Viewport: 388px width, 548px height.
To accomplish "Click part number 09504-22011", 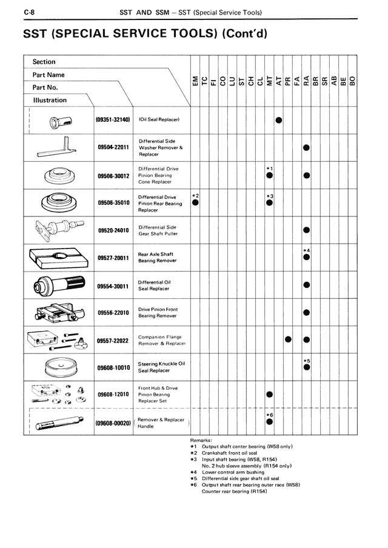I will pos(113,147).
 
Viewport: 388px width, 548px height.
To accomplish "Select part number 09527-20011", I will pos(113,258).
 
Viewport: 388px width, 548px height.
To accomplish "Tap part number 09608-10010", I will pos(113,367).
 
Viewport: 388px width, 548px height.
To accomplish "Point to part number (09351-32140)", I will pos(113,119).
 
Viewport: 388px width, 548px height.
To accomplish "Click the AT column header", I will pos(278,79).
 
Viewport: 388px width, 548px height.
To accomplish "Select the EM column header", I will pos(195,79).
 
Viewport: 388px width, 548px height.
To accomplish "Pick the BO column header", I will pos(352,79).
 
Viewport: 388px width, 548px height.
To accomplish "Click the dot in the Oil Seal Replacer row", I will pos(279,120).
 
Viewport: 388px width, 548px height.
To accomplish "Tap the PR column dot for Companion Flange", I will pos(288,339).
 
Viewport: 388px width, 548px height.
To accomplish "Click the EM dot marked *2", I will pos(195,203).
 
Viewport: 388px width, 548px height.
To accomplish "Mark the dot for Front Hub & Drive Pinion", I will pos(270,395).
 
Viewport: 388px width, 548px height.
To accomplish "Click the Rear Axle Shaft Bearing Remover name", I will pos(157,258).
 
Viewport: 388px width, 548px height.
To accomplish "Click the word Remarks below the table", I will pos(201,440).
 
